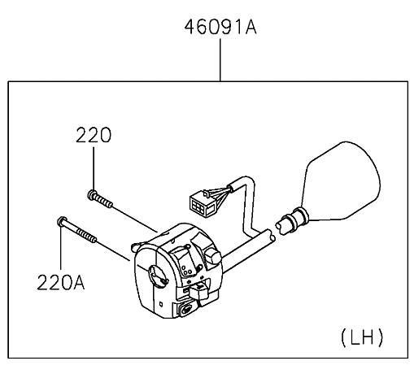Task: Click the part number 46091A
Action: coord(220,27)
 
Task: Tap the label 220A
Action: coord(61,282)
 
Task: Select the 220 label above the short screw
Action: coord(94,135)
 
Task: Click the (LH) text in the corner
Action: coord(362,337)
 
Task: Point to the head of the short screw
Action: coord(93,194)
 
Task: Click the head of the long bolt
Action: coord(63,221)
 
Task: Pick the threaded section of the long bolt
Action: coord(86,235)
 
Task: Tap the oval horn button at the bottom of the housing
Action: coord(186,309)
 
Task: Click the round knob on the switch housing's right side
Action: coord(213,256)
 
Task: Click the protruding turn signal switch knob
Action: coord(198,291)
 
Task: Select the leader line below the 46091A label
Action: coord(220,59)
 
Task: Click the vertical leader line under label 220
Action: coord(94,168)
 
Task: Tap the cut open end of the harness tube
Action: coord(271,235)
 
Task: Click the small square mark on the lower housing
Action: coord(161,304)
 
